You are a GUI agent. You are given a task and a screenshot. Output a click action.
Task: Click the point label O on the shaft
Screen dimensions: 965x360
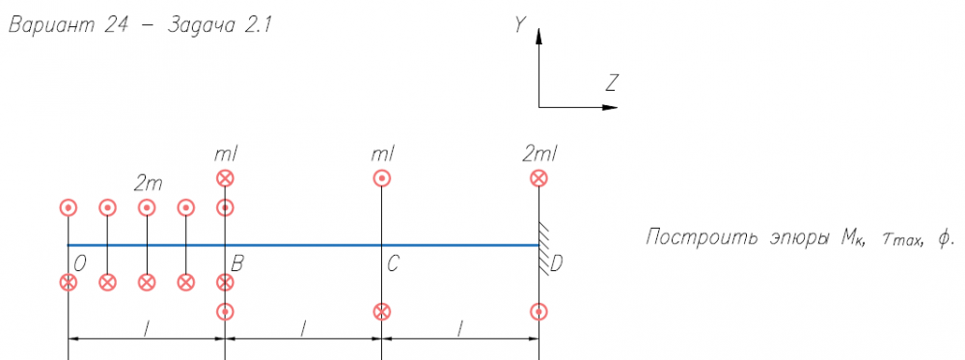(x=79, y=264)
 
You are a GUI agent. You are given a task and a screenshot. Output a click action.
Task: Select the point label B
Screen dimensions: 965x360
(x=237, y=264)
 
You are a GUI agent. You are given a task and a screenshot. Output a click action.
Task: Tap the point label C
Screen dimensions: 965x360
(x=394, y=264)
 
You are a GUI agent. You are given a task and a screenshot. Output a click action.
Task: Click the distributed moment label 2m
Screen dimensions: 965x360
(x=148, y=183)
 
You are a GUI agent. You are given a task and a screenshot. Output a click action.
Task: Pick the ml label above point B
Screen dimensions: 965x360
(x=226, y=154)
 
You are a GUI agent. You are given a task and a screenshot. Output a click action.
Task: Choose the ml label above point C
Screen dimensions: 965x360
(x=383, y=154)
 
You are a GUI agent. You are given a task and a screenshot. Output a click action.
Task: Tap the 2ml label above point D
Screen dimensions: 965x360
(x=539, y=154)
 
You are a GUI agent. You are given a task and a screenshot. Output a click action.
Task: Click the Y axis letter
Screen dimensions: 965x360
(x=521, y=25)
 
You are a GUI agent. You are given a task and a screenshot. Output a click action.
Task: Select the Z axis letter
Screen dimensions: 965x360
(x=611, y=82)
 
